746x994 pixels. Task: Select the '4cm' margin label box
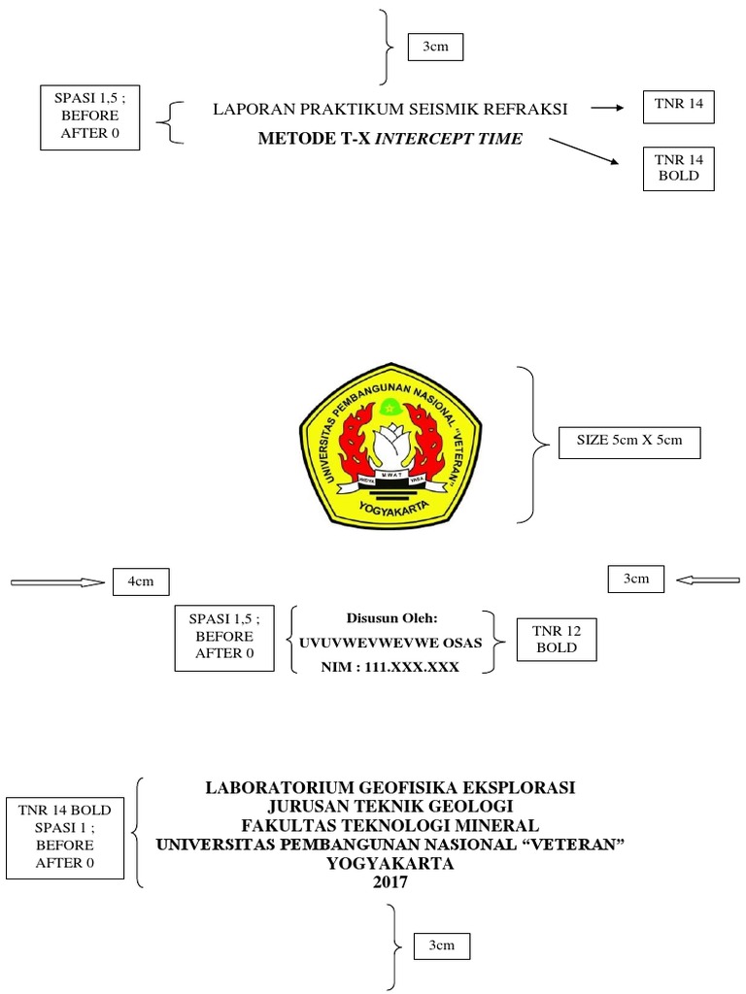(x=141, y=581)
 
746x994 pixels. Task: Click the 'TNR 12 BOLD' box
(x=557, y=639)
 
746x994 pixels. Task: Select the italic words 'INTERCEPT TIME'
(x=449, y=139)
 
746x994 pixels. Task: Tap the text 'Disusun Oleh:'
(x=392, y=617)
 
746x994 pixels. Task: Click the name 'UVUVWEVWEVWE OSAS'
(x=391, y=642)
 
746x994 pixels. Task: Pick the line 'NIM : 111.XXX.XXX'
(x=391, y=667)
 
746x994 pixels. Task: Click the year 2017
(x=391, y=882)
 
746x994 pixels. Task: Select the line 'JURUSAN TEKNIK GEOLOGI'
(x=390, y=806)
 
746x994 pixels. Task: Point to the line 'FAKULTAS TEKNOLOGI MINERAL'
(x=390, y=825)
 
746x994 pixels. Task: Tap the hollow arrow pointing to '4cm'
(x=56, y=582)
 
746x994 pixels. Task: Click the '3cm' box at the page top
(x=435, y=47)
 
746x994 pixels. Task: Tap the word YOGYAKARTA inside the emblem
(x=393, y=504)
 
